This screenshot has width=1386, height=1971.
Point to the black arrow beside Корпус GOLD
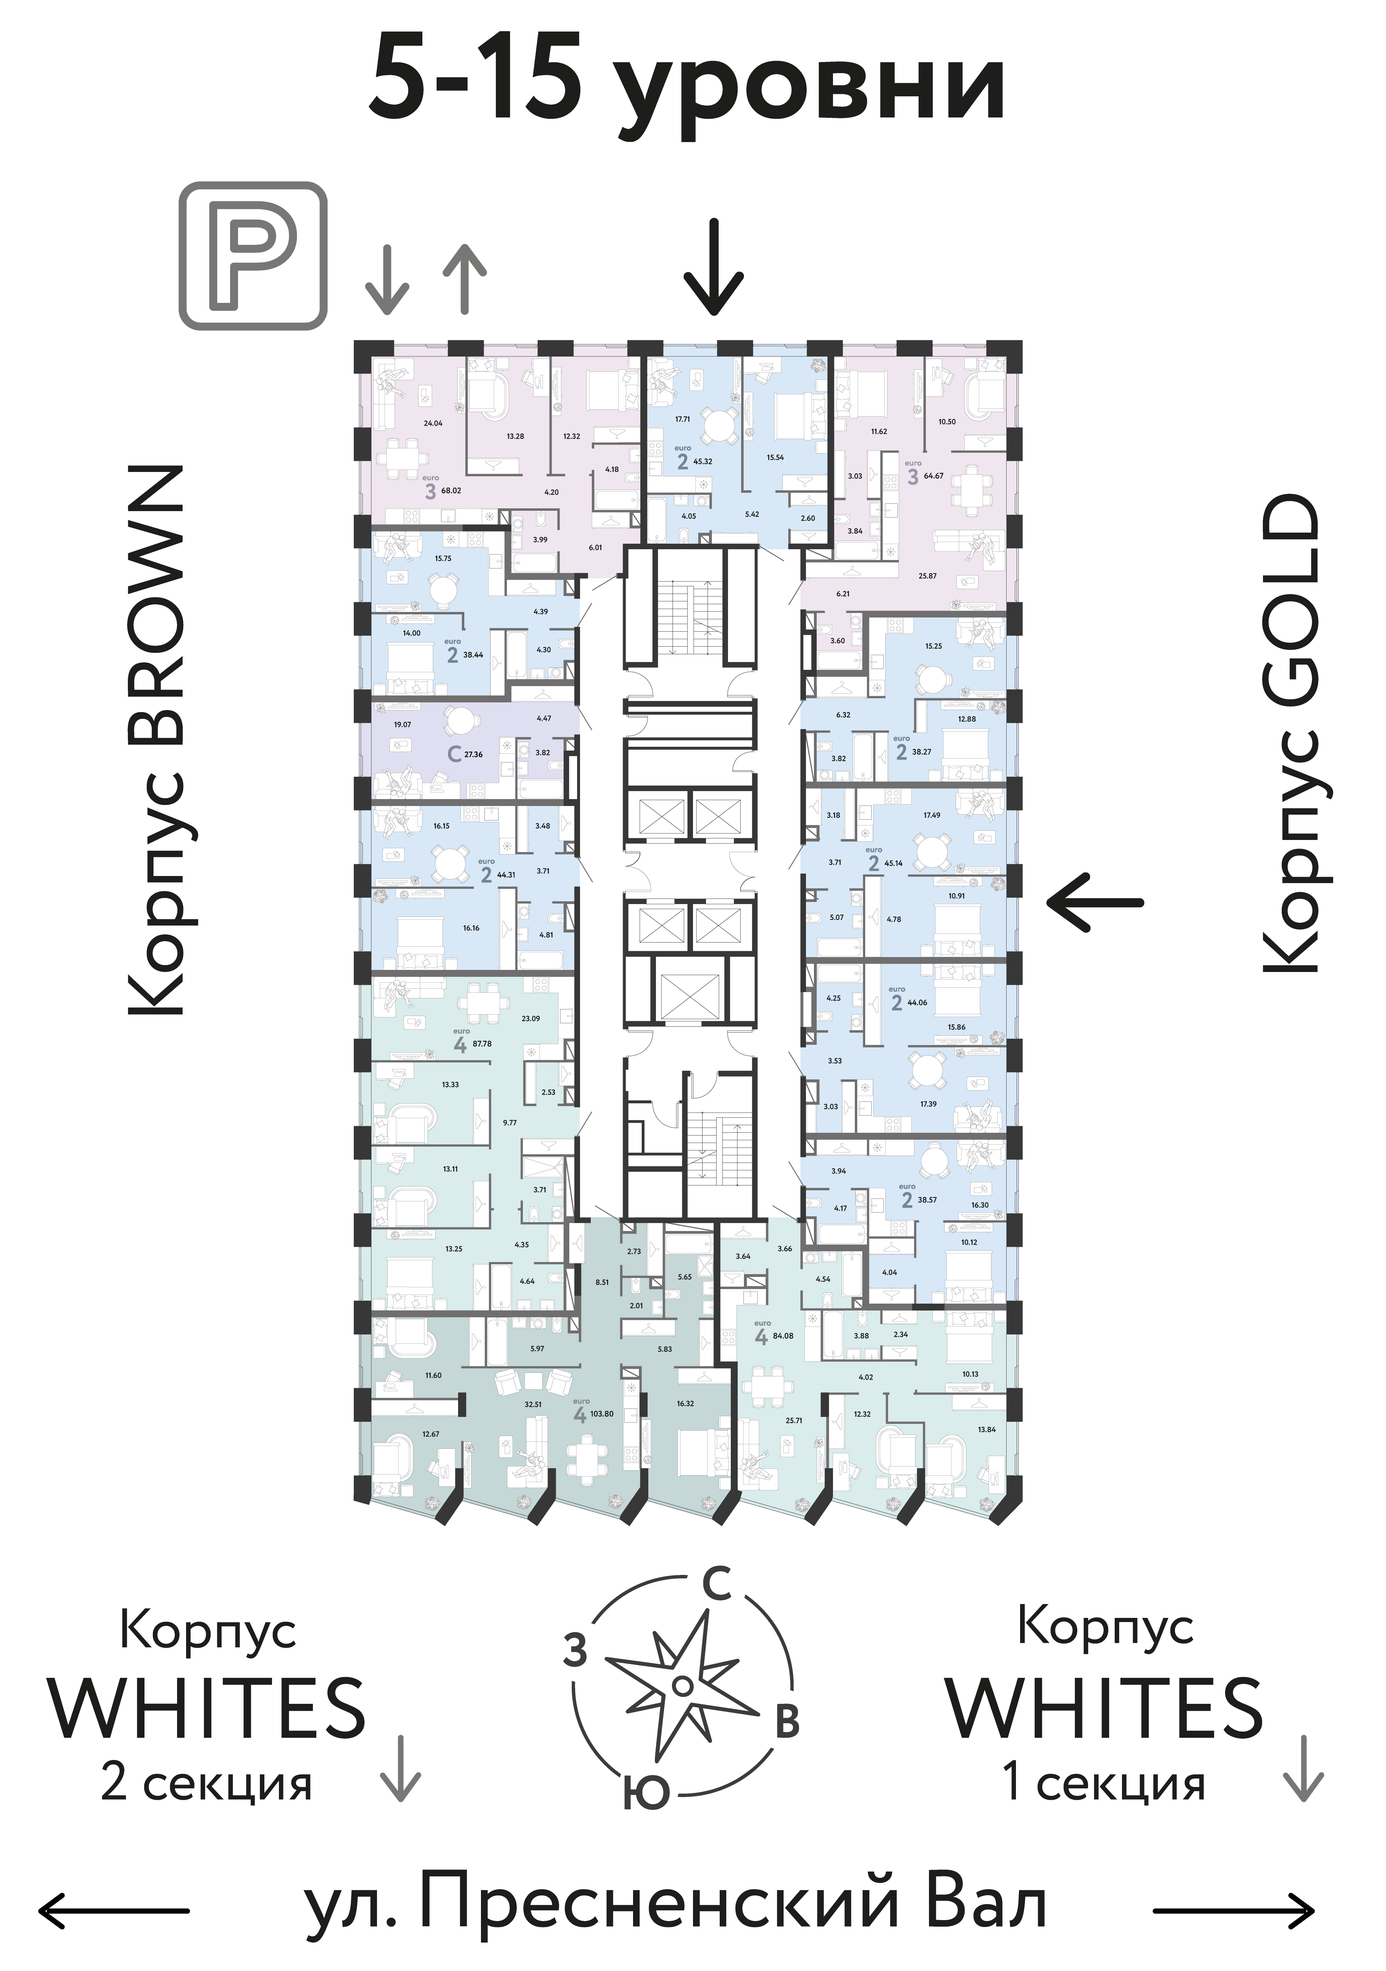(x=1095, y=902)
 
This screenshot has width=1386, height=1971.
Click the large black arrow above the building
(x=713, y=268)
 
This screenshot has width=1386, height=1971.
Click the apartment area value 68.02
(x=450, y=491)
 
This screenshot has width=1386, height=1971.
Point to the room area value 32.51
(x=533, y=1405)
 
